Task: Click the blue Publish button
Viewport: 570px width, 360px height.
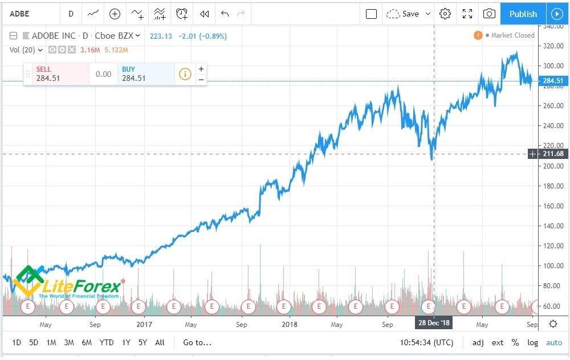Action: [523, 14]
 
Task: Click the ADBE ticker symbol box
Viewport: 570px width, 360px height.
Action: [21, 14]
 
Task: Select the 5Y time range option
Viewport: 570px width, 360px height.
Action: [142, 342]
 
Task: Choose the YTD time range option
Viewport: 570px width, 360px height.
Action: [107, 342]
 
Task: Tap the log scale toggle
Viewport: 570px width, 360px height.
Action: [532, 342]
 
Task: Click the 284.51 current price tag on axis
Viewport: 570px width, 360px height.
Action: [552, 81]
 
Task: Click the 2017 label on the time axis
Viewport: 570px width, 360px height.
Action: [145, 324]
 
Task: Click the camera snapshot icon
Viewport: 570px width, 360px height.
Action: [489, 14]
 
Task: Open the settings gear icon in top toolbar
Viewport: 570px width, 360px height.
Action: [445, 14]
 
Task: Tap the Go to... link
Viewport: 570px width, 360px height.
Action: [197, 342]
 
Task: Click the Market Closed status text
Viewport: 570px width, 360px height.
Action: [512, 35]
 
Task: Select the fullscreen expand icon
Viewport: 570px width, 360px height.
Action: [467, 14]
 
